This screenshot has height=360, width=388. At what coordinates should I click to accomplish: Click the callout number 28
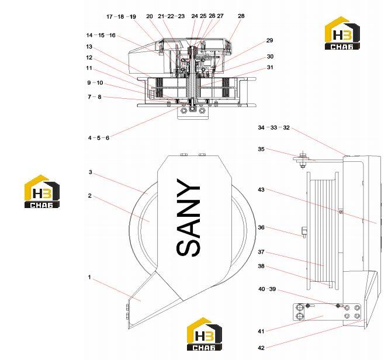pos(241,16)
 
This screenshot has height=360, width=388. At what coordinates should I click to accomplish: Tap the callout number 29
pos(269,40)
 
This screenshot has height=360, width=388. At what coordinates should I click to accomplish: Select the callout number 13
pos(89,47)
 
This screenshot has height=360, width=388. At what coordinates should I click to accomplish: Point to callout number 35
pos(261,149)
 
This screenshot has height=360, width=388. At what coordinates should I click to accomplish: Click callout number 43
pos(261,189)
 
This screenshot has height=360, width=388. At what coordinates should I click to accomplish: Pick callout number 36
pos(261,227)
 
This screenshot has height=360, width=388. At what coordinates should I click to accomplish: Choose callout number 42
pos(261,348)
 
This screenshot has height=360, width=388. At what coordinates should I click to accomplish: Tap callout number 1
pos(89,277)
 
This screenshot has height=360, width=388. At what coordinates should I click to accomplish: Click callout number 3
pos(91,172)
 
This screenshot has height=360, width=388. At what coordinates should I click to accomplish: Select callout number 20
pos(149,16)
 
